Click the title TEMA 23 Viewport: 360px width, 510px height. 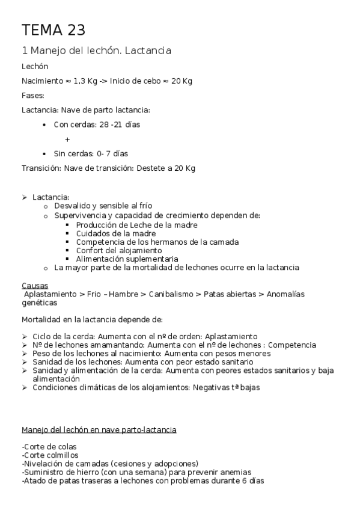pos(53,30)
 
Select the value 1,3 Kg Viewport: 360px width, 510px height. pos(85,81)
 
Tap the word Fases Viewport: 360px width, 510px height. pos(32,95)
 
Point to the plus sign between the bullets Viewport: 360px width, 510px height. pos(67,139)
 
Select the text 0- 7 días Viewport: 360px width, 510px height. pos(114,153)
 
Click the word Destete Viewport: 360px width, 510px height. pos(152,168)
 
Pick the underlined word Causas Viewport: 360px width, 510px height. pos(35,285)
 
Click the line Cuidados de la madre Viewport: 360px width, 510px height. pos(116,233)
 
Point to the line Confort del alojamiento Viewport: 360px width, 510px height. pos(119,250)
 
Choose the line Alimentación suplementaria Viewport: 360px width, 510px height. pos(127,259)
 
